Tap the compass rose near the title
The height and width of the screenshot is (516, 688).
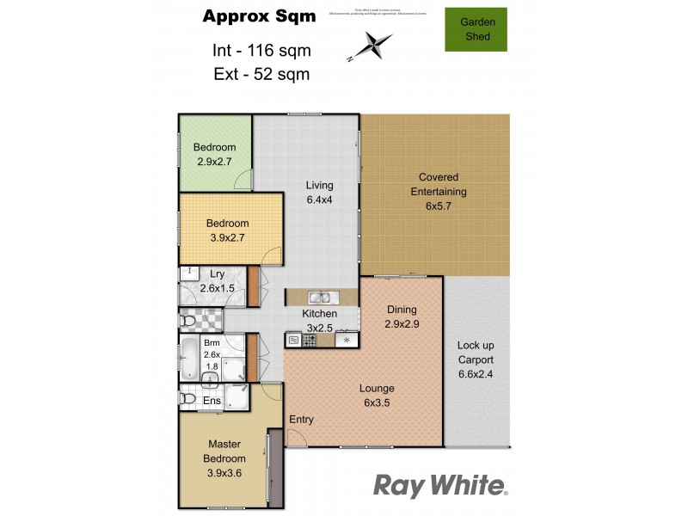[371, 45]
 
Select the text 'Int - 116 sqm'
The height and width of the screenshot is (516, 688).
[261, 50]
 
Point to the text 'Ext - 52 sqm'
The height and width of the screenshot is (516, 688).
[261, 73]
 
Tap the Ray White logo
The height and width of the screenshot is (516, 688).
[440, 485]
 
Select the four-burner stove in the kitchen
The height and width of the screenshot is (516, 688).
[308, 340]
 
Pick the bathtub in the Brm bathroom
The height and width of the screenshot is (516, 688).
[188, 359]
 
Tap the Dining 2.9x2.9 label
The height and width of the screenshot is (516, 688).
[401, 316]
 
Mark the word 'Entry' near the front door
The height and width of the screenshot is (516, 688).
[301, 420]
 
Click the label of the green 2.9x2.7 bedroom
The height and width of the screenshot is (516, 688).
[214, 153]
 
